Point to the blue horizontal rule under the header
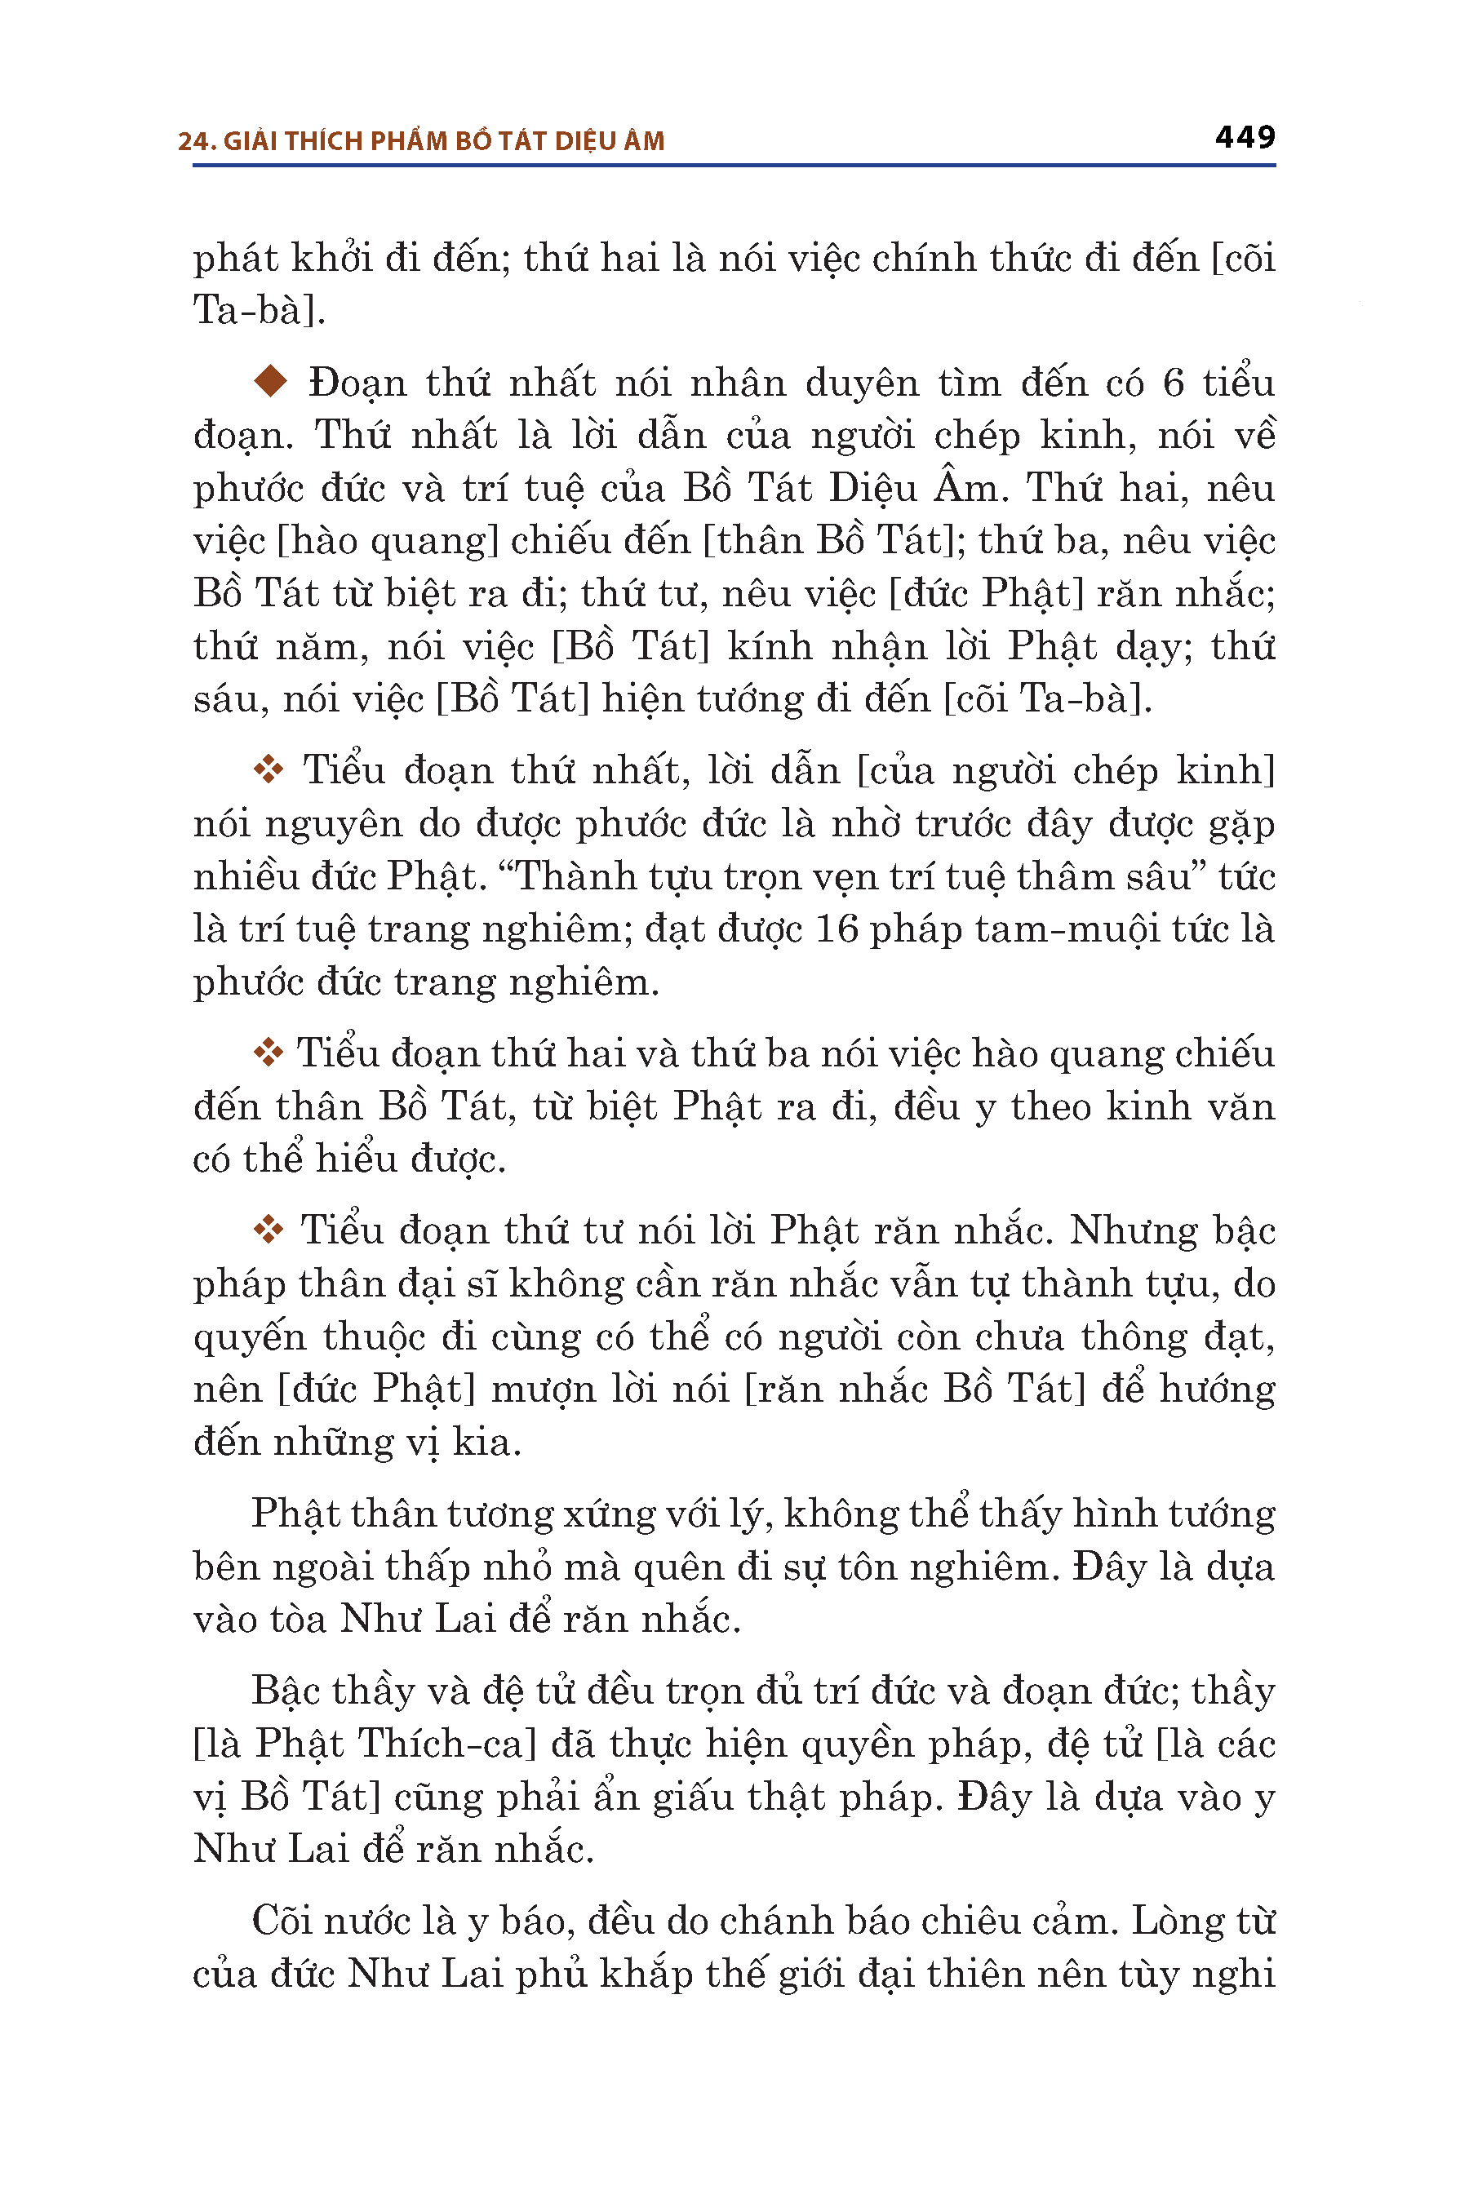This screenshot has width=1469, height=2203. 734,166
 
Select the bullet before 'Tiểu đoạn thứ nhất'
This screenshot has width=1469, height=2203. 268,770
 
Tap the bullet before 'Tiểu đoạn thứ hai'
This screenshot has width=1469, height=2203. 268,1053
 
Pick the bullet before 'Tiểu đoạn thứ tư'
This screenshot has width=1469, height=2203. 268,1230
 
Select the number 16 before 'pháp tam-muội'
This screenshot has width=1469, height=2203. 837,929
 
